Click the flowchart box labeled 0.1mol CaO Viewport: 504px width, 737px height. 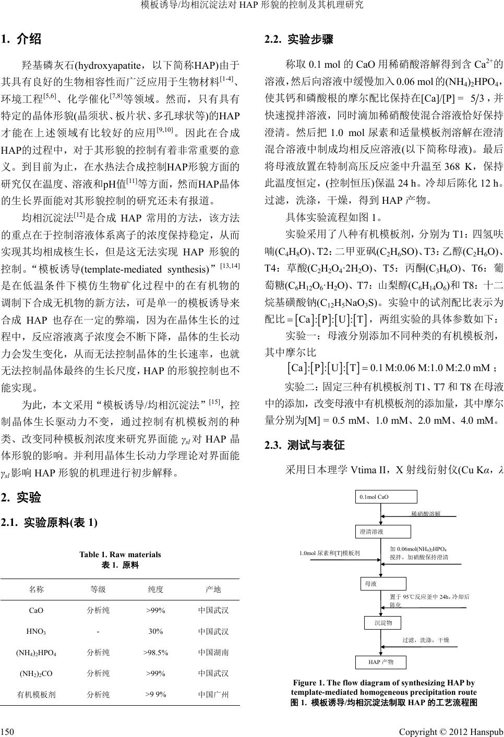coord(386,497)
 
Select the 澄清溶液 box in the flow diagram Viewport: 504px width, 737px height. coord(383,532)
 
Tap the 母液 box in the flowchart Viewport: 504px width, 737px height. coord(383,584)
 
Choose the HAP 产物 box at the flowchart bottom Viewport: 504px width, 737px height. coord(381,662)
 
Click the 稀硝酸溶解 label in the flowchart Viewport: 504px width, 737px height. coord(426,513)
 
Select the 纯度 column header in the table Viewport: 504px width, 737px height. coord(155,589)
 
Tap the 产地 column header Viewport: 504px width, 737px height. coord(213,589)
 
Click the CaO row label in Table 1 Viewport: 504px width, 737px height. coord(36,610)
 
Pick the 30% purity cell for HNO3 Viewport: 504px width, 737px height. coord(155,631)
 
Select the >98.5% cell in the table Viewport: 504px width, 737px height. coord(155,652)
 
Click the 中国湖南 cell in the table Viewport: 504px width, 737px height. coord(213,652)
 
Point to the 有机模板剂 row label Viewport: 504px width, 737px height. coord(36,694)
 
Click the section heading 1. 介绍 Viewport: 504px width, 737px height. coord(21,39)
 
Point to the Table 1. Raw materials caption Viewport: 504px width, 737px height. coord(120,555)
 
